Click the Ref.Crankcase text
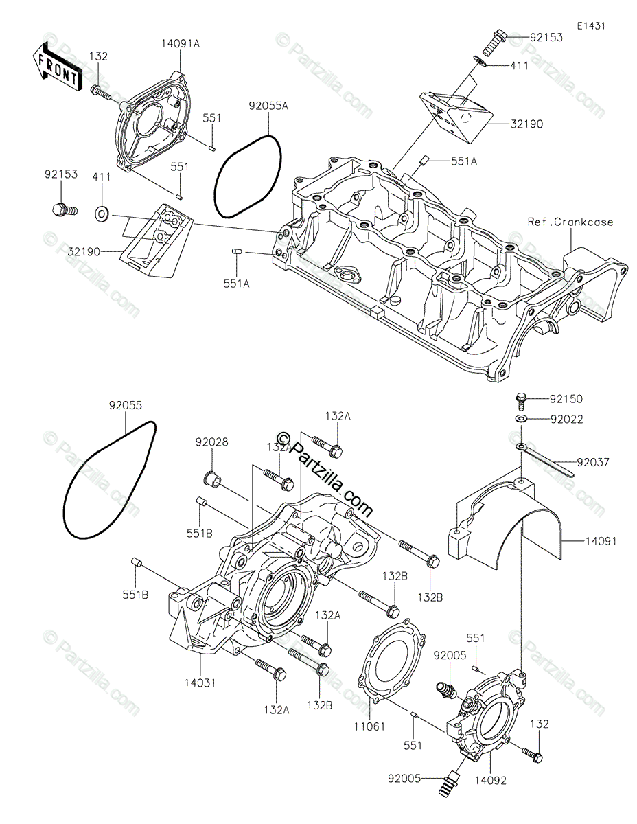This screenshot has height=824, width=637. (570, 222)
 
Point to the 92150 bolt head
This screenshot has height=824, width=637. (522, 398)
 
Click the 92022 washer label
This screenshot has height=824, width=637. (566, 419)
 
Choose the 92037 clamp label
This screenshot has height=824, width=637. (592, 462)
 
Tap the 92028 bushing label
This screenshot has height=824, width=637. (211, 442)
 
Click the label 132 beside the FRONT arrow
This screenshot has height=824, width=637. (98, 56)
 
